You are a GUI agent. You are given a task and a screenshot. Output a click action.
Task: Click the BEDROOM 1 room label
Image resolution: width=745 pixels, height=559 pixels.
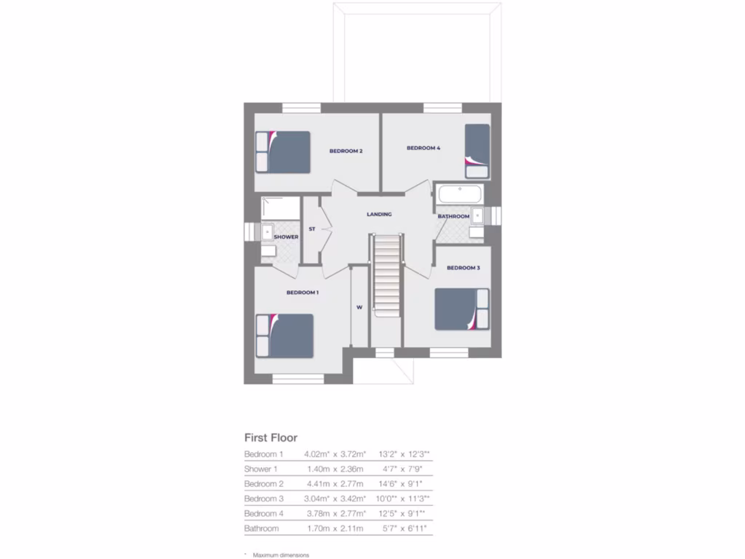302,293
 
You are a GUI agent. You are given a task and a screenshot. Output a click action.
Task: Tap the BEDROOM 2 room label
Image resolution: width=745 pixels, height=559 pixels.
346,151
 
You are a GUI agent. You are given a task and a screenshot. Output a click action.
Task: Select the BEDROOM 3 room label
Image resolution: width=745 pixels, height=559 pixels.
463,268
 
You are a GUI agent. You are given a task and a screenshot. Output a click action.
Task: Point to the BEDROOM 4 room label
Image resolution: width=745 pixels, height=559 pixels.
423,148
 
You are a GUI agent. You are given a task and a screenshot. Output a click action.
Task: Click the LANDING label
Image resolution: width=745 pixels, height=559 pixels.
379,214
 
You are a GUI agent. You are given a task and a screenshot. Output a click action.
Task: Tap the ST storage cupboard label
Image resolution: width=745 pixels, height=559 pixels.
311,229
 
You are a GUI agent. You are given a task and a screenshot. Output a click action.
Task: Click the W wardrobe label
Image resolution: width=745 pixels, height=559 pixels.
359,306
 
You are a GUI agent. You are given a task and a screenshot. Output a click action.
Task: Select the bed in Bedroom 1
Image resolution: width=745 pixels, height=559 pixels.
284,336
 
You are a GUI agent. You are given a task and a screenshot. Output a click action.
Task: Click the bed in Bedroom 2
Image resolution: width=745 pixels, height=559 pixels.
287,151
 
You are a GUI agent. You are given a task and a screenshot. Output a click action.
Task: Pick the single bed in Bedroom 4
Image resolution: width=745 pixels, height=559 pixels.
477,151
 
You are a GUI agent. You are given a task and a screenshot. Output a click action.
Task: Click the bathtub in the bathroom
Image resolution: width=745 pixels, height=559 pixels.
458,195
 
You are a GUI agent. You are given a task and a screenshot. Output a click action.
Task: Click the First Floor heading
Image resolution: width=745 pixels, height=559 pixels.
271,438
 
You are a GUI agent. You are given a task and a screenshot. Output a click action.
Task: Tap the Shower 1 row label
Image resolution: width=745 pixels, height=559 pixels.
260,469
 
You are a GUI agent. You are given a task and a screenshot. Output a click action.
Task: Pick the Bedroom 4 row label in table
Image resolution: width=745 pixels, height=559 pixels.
263,513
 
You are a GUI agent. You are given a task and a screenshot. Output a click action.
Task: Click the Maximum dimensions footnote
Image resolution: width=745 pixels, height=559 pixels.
280,555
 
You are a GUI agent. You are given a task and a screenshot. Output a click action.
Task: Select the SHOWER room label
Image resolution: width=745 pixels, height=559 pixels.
286,237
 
